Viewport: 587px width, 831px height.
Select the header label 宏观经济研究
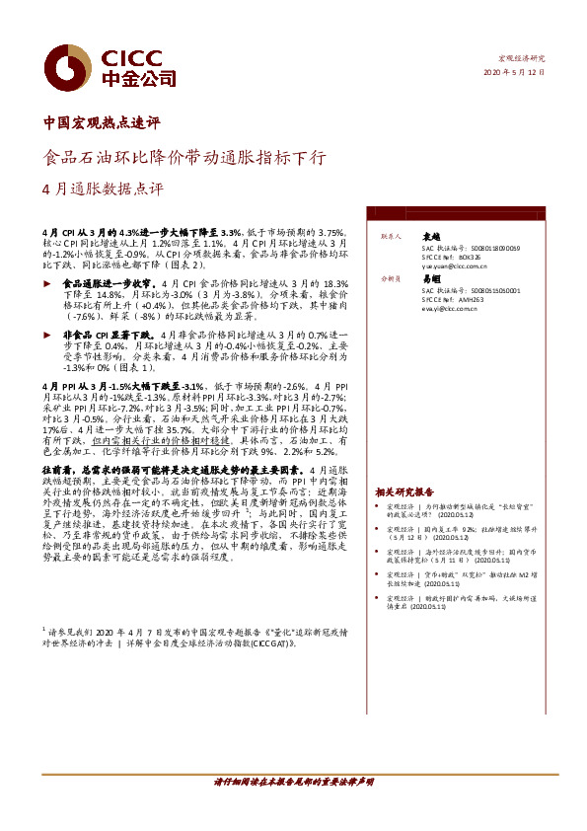tap(522, 59)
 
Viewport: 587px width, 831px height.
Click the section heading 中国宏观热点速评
tap(103, 124)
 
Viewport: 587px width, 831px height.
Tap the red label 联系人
tap(390, 238)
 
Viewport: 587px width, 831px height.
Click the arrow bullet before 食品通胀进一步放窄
tap(49, 283)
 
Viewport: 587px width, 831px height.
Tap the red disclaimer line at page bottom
tap(293, 781)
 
